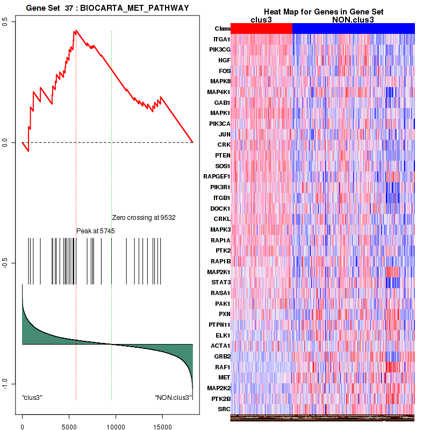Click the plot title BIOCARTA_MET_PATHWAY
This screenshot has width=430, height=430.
click(x=107, y=7)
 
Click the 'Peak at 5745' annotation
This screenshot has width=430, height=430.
click(x=95, y=231)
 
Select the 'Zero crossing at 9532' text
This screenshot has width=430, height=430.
click(x=144, y=218)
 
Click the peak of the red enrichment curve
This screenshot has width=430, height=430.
click(x=76, y=31)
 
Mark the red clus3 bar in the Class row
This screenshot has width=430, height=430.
click(x=261, y=28)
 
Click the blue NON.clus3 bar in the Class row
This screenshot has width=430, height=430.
click(x=353, y=28)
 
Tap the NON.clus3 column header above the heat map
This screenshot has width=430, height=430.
click(x=353, y=20)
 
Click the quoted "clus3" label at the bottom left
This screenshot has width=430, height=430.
click(x=32, y=397)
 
